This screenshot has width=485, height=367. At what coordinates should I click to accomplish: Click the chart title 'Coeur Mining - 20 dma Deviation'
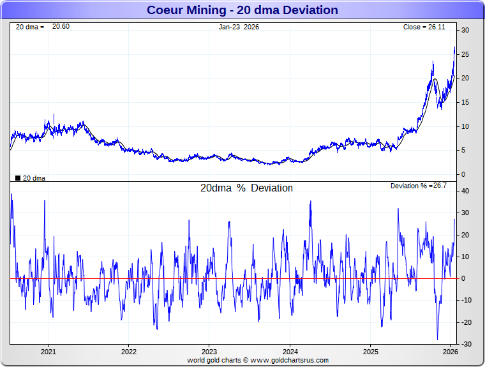click(243, 10)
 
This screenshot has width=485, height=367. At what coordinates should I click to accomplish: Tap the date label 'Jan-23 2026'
click(239, 27)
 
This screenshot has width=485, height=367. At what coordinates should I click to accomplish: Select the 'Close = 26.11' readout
click(428, 27)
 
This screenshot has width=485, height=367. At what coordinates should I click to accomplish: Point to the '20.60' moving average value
click(61, 26)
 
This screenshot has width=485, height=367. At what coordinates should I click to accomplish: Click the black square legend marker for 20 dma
click(17, 178)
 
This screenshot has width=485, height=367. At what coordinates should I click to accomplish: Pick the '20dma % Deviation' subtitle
click(246, 188)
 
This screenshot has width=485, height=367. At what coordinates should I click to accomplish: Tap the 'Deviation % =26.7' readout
click(418, 186)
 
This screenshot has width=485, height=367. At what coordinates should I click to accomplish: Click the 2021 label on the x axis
click(48, 351)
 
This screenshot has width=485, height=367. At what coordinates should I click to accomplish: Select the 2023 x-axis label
click(209, 351)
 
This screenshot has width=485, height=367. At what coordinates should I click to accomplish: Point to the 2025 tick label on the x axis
click(371, 351)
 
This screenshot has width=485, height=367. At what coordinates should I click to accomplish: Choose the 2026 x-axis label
click(451, 351)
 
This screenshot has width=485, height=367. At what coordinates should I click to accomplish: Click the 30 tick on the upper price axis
click(466, 31)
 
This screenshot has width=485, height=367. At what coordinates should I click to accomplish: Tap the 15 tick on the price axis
click(466, 102)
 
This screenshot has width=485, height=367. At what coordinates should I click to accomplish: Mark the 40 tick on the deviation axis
click(466, 191)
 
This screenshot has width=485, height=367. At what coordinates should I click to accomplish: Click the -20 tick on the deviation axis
click(466, 322)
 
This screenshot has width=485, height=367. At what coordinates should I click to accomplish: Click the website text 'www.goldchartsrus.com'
click(289, 360)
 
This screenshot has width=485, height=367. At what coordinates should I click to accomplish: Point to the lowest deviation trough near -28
click(438, 339)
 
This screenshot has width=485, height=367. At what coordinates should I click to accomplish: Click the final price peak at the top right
click(454, 47)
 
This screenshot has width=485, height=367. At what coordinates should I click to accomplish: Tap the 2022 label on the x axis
click(129, 351)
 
